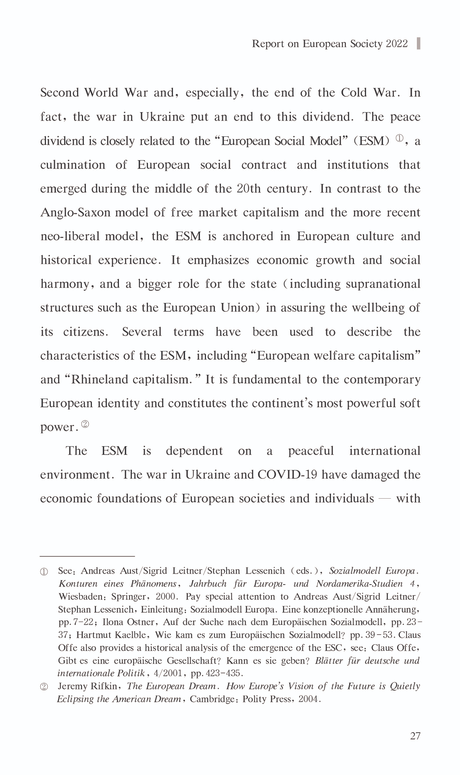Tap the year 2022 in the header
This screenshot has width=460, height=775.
(x=397, y=44)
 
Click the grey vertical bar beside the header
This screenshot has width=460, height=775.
(x=418, y=44)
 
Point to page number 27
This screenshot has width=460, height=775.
(x=415, y=736)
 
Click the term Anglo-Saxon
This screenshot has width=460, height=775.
(x=75, y=213)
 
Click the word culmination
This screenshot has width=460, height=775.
(x=73, y=165)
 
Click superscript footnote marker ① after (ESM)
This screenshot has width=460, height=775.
(x=399, y=138)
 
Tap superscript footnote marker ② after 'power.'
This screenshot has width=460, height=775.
(x=85, y=424)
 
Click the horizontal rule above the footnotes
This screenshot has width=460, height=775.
(x=87, y=556)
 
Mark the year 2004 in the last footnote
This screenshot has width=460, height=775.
(x=308, y=699)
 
